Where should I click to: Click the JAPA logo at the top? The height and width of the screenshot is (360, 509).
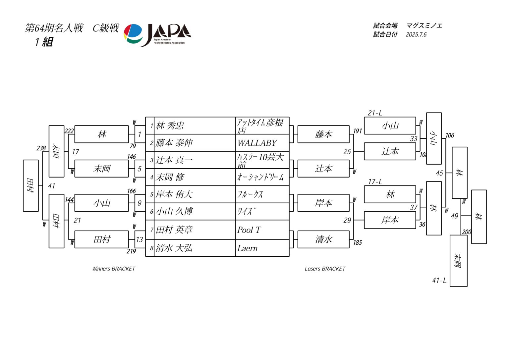157,34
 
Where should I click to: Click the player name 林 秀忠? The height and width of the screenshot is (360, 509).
170,126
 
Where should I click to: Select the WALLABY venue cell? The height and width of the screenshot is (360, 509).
257,143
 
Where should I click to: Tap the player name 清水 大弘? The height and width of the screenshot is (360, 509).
174,248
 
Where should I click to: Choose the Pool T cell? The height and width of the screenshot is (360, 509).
249,230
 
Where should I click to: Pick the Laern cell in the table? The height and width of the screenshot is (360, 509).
247,248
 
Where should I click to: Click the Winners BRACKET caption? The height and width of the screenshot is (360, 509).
114,269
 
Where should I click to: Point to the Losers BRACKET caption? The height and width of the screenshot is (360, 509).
325,269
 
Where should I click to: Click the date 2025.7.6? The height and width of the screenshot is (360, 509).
416,35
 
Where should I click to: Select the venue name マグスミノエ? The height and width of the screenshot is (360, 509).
424,26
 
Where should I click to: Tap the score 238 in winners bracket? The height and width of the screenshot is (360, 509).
41,148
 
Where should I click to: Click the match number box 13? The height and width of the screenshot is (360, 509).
140,240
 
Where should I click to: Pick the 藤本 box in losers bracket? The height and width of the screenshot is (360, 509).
323,134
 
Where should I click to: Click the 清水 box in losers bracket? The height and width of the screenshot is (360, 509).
323,239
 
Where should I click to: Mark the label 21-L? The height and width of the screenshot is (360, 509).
375,113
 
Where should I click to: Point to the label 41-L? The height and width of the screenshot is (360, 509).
439,281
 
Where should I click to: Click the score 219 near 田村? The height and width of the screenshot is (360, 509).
131,251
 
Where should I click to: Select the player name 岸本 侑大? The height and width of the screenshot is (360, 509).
174,194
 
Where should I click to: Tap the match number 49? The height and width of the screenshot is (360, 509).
455,216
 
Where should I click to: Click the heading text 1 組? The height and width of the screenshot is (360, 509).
44,42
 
